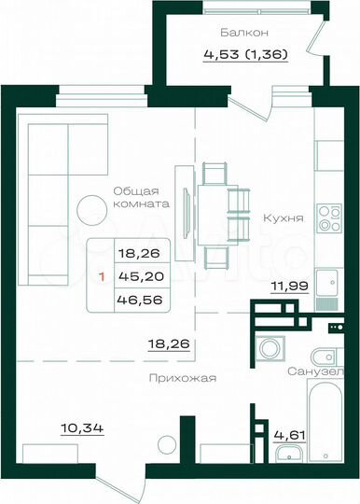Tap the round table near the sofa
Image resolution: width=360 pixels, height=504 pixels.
(x=93, y=208)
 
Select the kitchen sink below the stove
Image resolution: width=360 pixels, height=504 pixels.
(x=328, y=281)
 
